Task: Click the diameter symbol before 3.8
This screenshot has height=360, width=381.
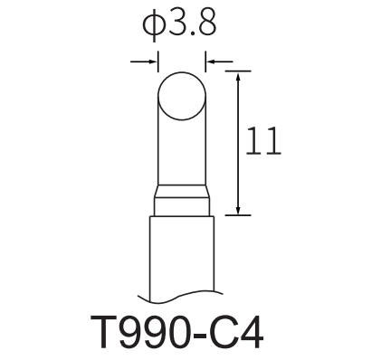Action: tap(154, 25)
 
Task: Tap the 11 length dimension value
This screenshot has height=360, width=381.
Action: tap(263, 141)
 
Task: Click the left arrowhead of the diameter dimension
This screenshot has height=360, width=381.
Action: tap(153, 62)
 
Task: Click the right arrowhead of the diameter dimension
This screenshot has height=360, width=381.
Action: tap(210, 62)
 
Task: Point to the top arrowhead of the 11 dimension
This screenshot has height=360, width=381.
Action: tap(238, 77)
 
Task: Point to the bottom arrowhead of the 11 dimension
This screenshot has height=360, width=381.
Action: tap(238, 210)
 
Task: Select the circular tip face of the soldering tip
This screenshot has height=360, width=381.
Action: tap(182, 96)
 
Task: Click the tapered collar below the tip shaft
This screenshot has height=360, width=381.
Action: tap(182, 191)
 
